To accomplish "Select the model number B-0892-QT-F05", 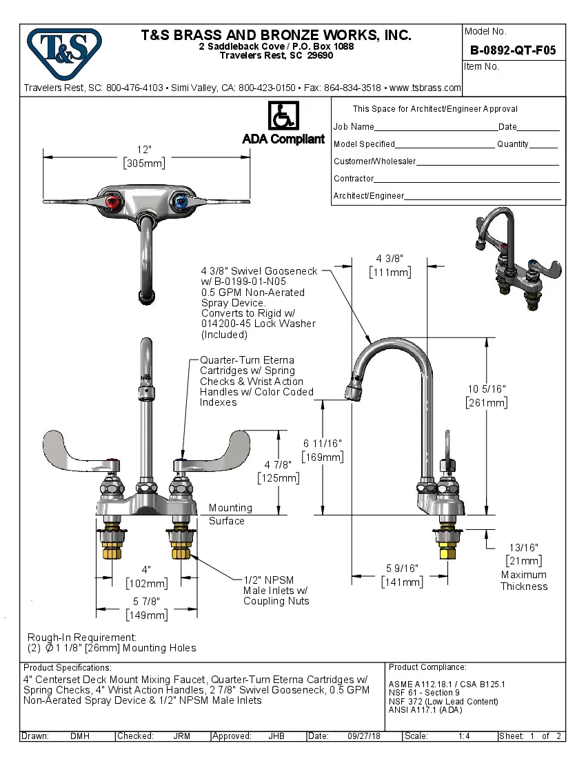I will click(512, 50).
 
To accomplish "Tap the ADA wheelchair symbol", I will click(283, 116).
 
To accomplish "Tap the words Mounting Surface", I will click(230, 514).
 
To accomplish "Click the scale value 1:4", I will click(464, 736).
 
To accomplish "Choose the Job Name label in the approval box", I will click(354, 127).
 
